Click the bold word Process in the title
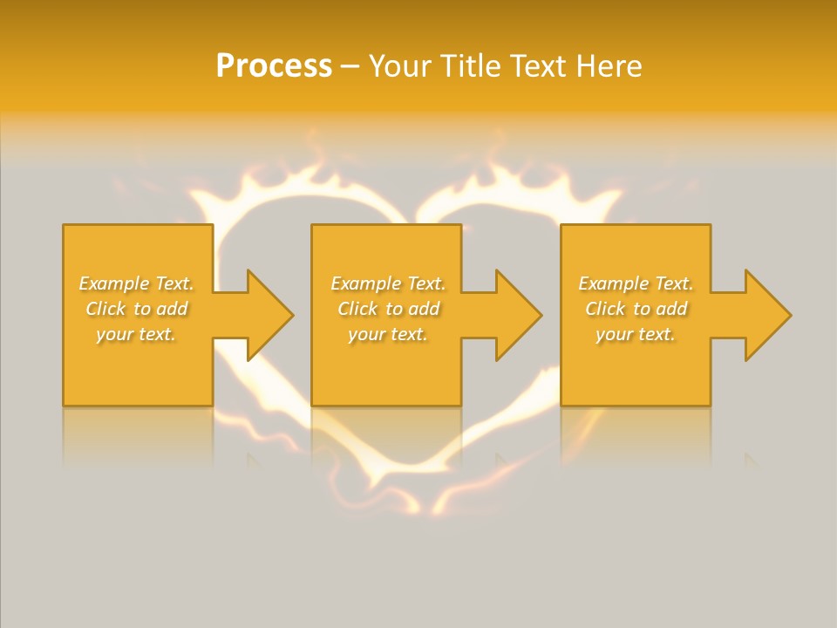pyautogui.click(x=274, y=66)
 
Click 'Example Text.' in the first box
pyautogui.click(x=136, y=283)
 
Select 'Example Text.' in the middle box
pyautogui.click(x=387, y=283)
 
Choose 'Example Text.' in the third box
pyautogui.click(x=636, y=283)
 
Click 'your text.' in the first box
pyautogui.click(x=136, y=334)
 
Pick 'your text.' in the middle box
pyautogui.click(x=387, y=334)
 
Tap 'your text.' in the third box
pyautogui.click(x=636, y=334)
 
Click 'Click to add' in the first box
pyautogui.click(x=136, y=309)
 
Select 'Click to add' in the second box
pyautogui.click(x=387, y=309)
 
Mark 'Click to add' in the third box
pyautogui.click(x=636, y=309)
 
